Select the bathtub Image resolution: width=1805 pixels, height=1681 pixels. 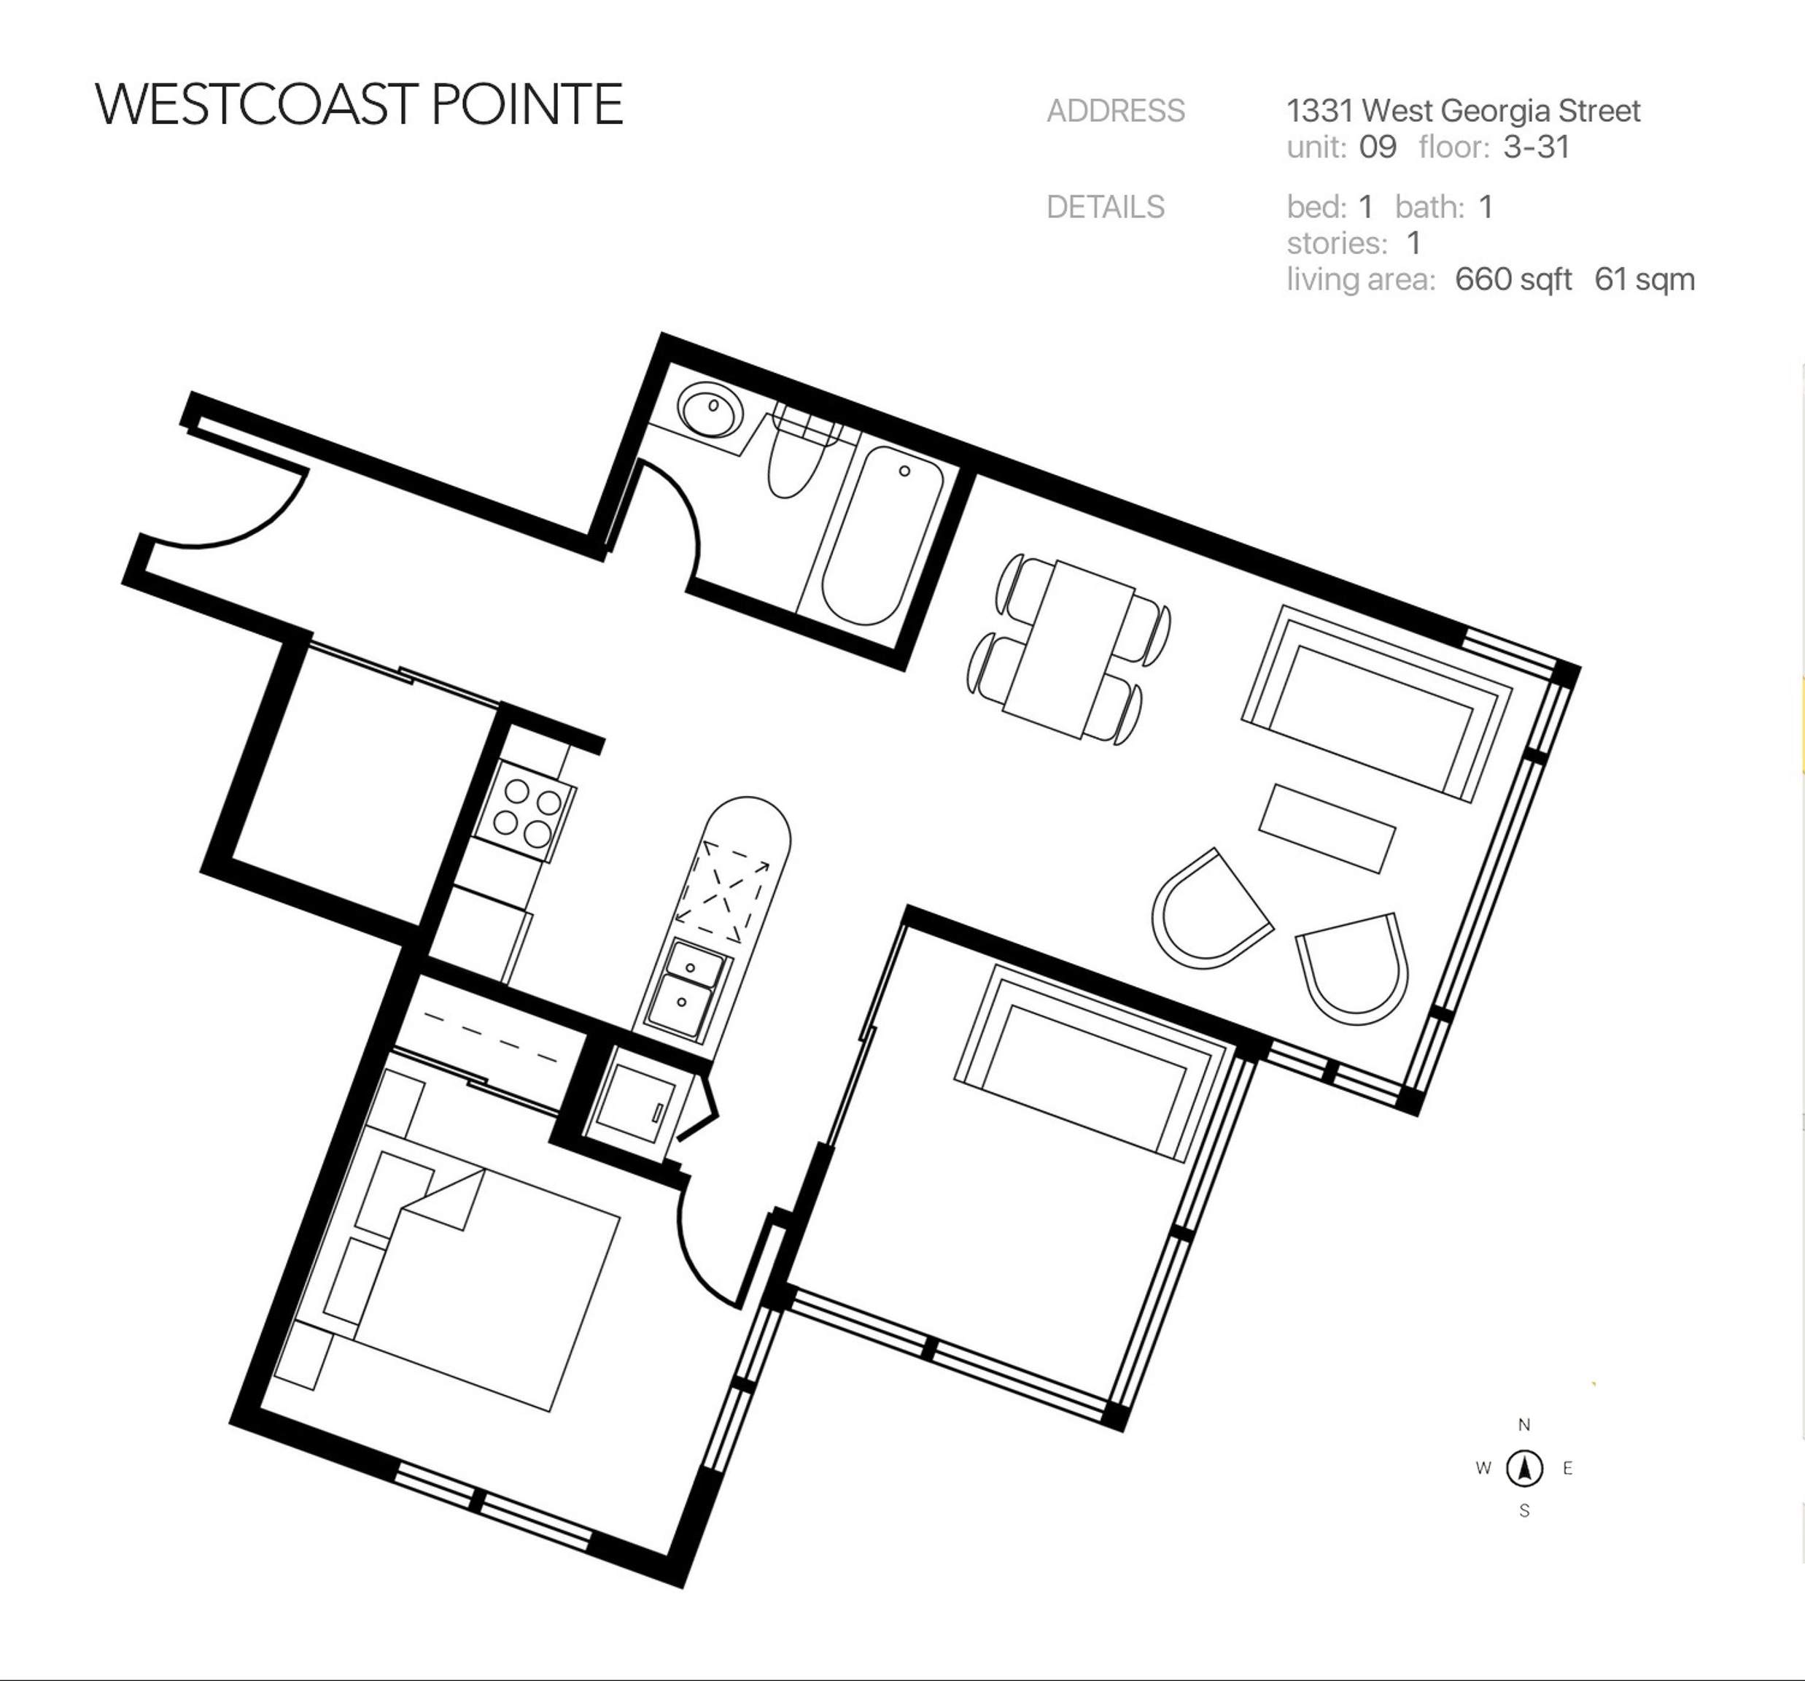coord(882,536)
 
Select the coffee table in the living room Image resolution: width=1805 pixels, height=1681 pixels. coord(1327,828)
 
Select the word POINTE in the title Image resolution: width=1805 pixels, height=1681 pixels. coord(527,104)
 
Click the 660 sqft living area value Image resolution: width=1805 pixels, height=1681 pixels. coord(1513,279)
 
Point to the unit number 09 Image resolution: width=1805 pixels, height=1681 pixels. coord(1378,147)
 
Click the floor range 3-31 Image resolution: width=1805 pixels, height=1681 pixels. coord(1536,147)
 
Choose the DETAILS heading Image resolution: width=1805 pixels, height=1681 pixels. coord(1105,208)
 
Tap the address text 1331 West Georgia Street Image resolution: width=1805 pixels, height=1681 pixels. coord(1464,111)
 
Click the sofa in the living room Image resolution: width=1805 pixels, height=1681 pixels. coord(1376,704)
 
